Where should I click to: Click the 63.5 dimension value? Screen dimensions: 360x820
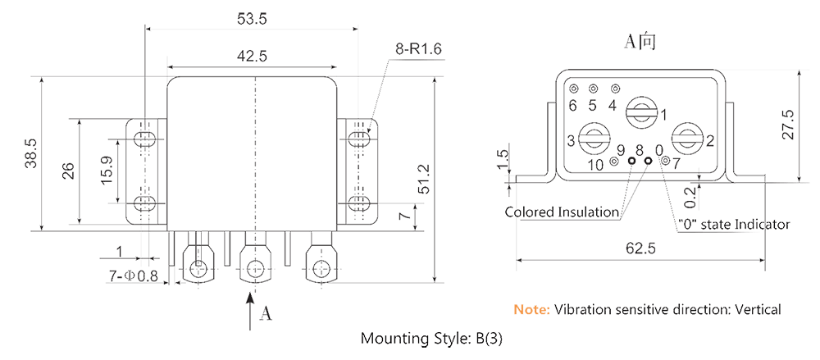(x=251, y=18)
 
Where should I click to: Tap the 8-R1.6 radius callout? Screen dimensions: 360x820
(x=419, y=51)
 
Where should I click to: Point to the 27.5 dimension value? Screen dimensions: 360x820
(x=789, y=124)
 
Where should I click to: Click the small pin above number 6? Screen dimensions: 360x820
(x=573, y=89)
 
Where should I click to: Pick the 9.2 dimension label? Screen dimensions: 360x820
(x=690, y=198)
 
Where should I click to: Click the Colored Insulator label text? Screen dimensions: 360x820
(x=562, y=212)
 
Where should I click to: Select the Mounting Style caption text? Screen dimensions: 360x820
(x=426, y=339)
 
